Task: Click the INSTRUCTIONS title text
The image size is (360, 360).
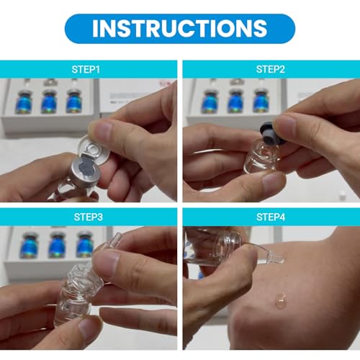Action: (x=180, y=28)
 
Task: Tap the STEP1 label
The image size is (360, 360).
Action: (x=86, y=69)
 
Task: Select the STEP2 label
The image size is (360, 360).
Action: (x=271, y=69)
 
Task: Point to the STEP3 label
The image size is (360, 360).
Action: (x=89, y=217)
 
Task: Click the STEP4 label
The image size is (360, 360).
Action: (x=271, y=217)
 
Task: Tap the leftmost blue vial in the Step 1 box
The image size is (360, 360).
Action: (x=23, y=102)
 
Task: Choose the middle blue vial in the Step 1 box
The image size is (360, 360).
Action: (x=49, y=102)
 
